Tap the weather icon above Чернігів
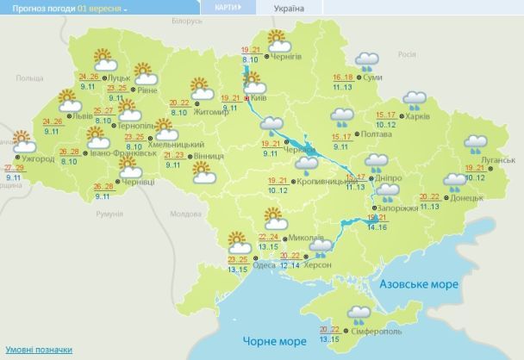click(277, 40)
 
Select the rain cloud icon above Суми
click(368, 61)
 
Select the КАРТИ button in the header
click(227, 8)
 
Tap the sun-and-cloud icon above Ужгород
click(19, 139)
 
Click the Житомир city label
click(211, 111)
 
